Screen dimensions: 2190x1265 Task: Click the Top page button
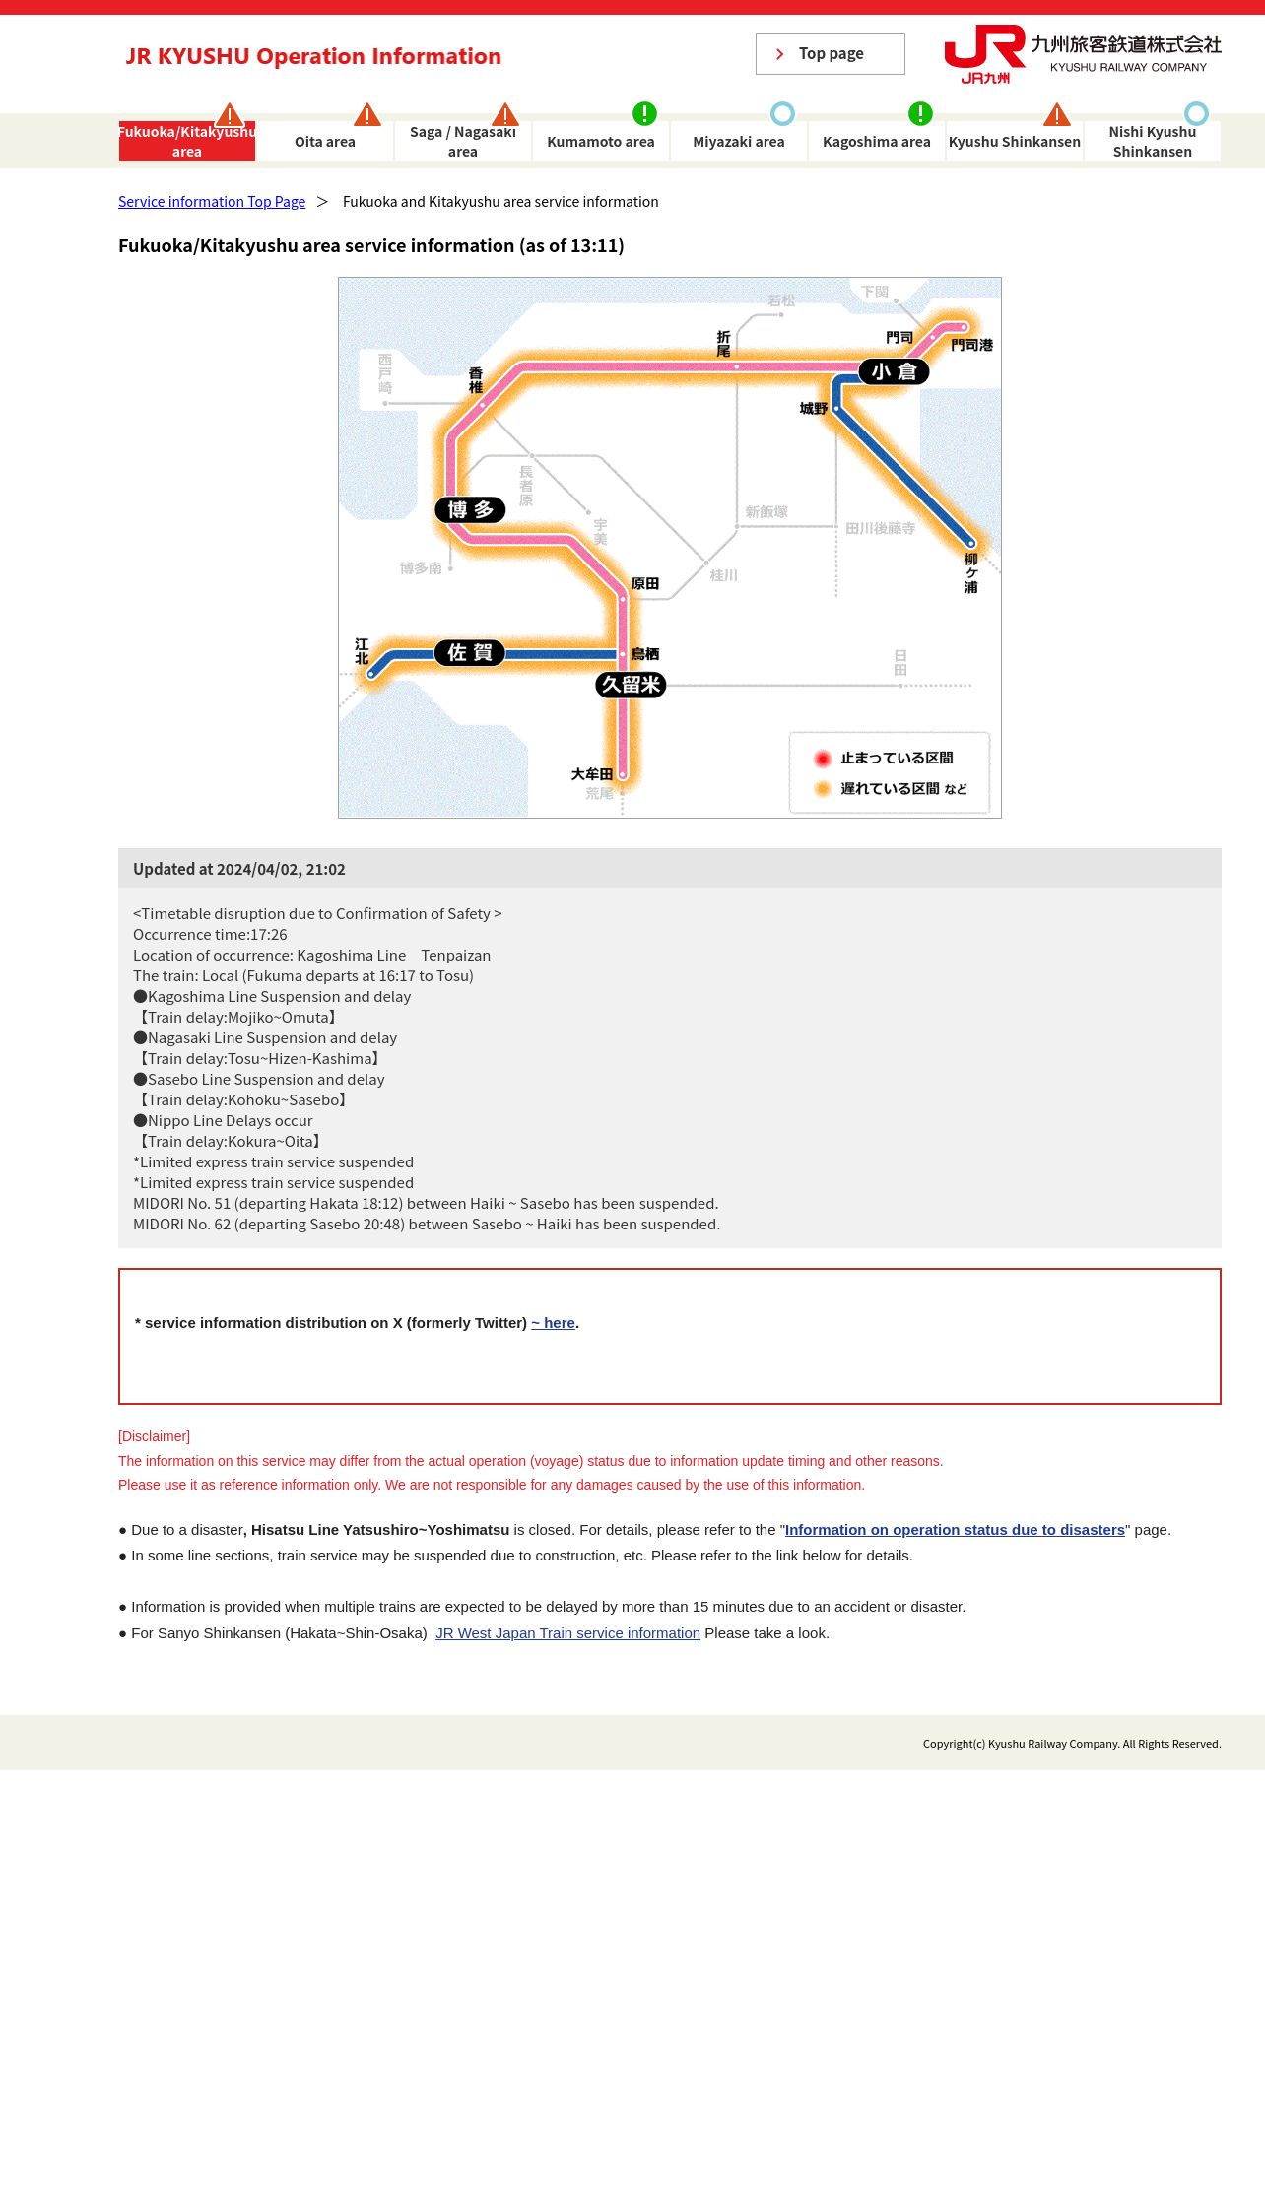coord(830,54)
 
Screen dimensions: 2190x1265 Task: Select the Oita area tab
coord(325,142)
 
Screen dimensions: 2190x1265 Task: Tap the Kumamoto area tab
coord(600,142)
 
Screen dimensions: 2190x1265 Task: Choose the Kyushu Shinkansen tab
coord(1014,142)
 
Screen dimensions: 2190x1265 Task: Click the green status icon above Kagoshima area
coord(920,113)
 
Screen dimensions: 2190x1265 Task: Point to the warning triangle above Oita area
coord(367,115)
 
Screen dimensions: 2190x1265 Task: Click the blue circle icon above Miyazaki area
coord(782,113)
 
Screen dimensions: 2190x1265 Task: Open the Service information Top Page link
coord(212,202)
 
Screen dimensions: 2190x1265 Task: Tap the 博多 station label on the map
coord(470,510)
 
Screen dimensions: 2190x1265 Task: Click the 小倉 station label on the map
coord(894,371)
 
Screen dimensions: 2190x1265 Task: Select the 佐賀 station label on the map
coord(469,653)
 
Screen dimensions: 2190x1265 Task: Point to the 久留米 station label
coord(631,685)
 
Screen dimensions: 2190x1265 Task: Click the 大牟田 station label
coord(592,774)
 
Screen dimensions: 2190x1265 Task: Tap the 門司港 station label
coord(971,345)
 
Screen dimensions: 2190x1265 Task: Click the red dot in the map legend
coord(823,759)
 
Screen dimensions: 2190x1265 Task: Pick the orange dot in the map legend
coord(823,789)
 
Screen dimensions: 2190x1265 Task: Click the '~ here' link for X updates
coord(553,1323)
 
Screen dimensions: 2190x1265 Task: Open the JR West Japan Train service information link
coord(567,1633)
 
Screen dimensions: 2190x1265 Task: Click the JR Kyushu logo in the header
coord(985,54)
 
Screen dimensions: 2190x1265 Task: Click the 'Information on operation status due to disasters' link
coord(955,1530)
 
